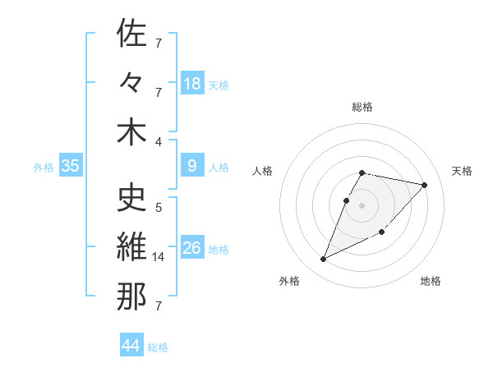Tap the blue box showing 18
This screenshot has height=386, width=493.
click(192, 84)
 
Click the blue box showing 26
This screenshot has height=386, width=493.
click(192, 248)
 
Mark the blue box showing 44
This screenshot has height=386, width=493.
click(131, 346)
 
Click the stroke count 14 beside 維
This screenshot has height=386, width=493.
click(159, 257)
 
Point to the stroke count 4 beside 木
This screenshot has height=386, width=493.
click(159, 141)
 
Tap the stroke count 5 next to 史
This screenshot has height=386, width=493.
click(159, 207)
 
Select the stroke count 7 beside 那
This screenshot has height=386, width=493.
click(159, 306)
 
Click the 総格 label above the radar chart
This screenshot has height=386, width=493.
click(362, 107)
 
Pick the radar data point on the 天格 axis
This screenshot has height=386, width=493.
click(424, 185)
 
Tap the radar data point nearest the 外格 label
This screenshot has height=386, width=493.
click(324, 260)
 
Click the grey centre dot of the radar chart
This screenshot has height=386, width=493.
click(362, 204)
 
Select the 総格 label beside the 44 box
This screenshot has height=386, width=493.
click(158, 347)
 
